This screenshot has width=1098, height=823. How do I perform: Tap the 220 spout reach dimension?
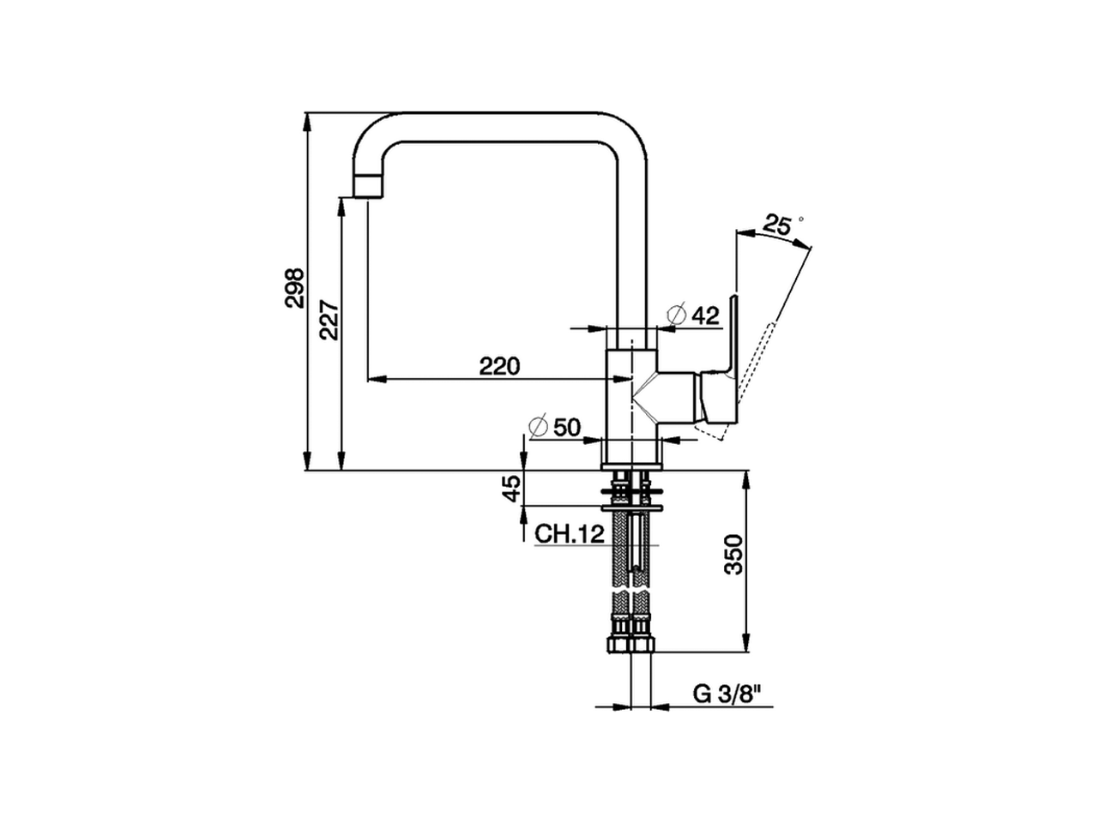click(x=499, y=366)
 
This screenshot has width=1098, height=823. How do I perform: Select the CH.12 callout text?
click(x=570, y=534)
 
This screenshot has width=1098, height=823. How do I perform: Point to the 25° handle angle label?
click(x=777, y=225)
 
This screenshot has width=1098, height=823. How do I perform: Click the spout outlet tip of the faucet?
click(x=367, y=185)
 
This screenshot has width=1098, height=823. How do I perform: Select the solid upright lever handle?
click(x=732, y=334)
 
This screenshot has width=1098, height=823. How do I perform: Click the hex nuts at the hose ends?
click(x=630, y=642)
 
